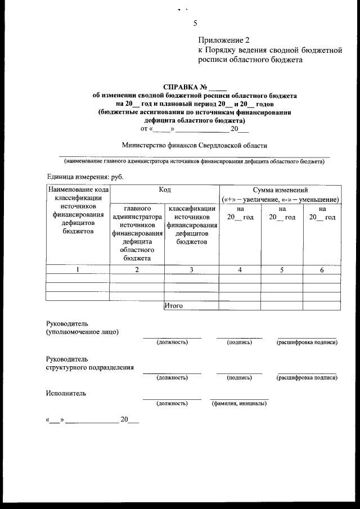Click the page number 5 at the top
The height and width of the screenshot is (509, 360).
pyautogui.click(x=195, y=24)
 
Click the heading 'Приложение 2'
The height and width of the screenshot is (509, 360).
pyautogui.click(x=223, y=40)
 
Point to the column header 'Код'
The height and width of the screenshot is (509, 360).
pyautogui.click(x=164, y=191)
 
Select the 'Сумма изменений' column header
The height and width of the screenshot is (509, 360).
pyautogui.click(x=280, y=191)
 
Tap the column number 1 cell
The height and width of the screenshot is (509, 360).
pyautogui.click(x=78, y=270)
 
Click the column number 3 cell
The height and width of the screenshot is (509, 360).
pyautogui.click(x=191, y=270)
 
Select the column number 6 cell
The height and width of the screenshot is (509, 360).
pyautogui.click(x=322, y=270)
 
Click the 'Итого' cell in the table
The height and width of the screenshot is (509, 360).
pyautogui.click(x=175, y=305)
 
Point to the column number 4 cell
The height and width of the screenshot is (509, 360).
pyautogui.click(x=240, y=270)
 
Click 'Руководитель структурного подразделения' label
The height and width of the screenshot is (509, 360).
pyautogui.click(x=90, y=363)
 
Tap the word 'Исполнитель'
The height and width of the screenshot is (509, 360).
pyautogui.click(x=66, y=393)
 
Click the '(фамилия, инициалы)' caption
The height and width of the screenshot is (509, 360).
pyautogui.click(x=239, y=403)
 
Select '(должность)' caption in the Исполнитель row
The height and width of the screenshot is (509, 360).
pyautogui.click(x=172, y=403)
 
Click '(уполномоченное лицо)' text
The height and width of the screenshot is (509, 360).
pyautogui.click(x=82, y=332)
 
